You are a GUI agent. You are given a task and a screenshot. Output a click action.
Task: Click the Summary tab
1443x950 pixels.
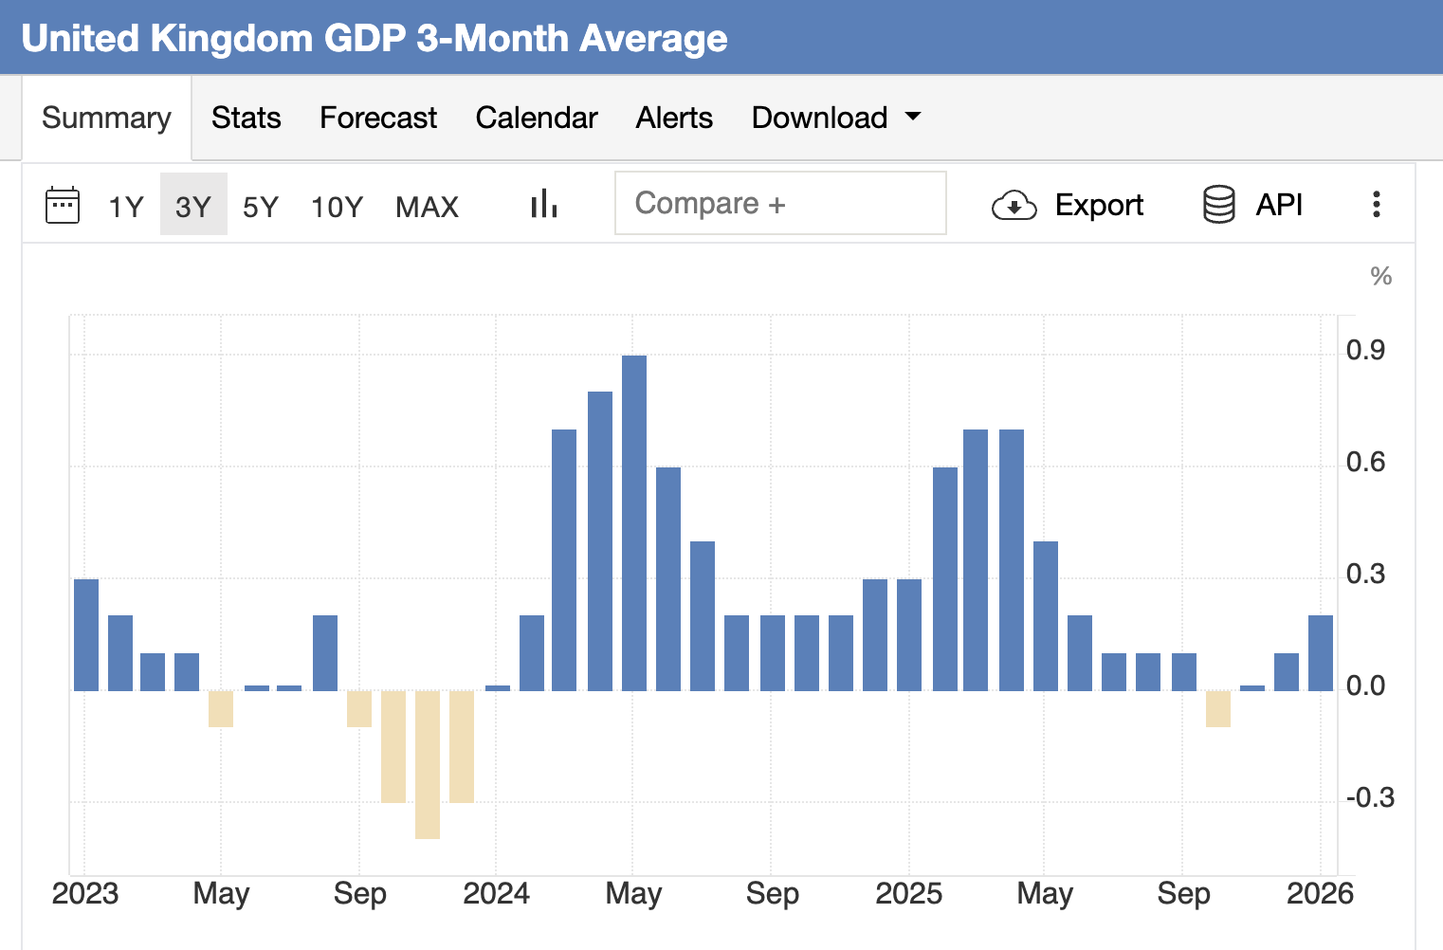click(106, 118)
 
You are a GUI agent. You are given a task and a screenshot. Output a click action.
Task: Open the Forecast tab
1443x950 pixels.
click(378, 118)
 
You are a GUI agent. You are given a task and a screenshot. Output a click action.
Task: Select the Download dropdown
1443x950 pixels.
click(835, 118)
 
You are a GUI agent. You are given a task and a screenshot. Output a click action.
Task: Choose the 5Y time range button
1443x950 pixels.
click(261, 206)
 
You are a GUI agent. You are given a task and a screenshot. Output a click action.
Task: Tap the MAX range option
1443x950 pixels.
click(427, 206)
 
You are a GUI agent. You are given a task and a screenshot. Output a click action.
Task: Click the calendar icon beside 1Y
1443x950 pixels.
click(63, 205)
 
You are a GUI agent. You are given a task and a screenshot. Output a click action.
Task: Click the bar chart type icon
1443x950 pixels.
click(543, 204)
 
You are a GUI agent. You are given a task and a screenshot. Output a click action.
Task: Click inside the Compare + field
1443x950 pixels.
click(779, 203)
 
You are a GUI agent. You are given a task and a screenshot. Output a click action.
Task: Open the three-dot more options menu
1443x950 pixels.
click(1376, 204)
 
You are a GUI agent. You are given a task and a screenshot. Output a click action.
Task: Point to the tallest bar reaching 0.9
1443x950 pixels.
click(634, 521)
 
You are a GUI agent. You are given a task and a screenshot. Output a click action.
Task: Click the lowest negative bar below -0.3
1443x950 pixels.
click(428, 764)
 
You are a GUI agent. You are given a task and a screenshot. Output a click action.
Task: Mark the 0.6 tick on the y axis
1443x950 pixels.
click(1365, 463)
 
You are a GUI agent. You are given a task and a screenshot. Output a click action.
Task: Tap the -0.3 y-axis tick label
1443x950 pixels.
click(1369, 798)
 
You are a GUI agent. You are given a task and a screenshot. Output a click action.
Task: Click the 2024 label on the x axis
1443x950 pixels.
click(496, 893)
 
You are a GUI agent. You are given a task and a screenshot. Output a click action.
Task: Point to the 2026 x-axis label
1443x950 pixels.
click(1320, 893)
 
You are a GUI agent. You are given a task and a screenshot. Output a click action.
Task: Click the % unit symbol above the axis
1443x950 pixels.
click(1380, 277)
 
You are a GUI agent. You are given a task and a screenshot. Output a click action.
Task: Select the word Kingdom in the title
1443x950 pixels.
click(231, 39)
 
